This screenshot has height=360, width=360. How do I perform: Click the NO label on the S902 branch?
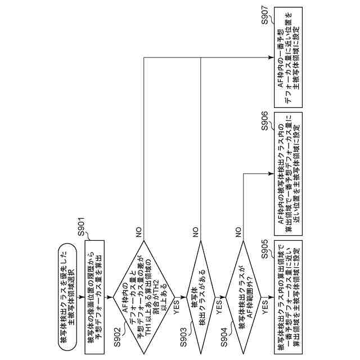pos(138,230)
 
